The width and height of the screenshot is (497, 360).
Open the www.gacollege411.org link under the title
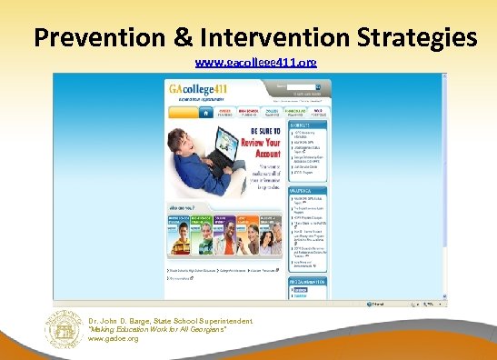(255, 64)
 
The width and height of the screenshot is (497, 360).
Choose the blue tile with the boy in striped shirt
(178, 235)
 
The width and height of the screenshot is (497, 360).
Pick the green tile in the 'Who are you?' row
(201, 235)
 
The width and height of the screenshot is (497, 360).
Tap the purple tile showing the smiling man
(225, 235)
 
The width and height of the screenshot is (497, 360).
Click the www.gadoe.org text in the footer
(114, 338)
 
